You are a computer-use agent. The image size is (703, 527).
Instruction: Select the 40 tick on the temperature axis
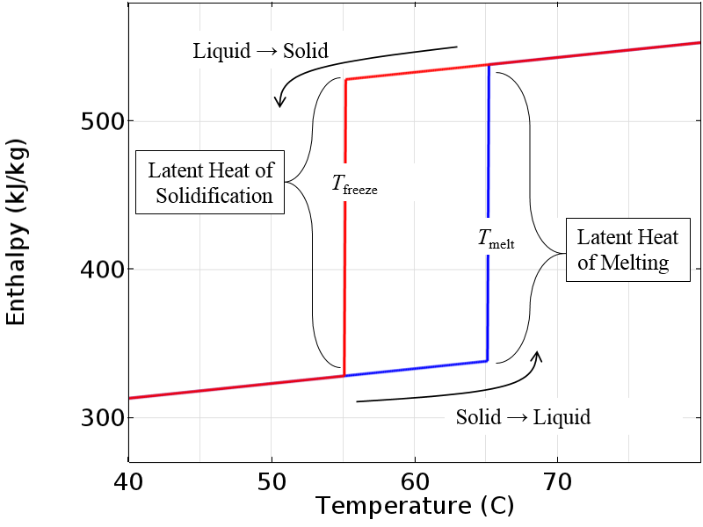129,481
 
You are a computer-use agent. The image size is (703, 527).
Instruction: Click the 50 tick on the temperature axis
272,481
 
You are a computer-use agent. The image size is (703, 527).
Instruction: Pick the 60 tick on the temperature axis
415,481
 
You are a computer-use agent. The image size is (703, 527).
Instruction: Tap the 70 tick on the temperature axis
557,481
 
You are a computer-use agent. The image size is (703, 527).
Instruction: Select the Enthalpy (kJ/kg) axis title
17,231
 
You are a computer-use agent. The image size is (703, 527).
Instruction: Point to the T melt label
496,239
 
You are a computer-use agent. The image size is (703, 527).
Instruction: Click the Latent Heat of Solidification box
210,182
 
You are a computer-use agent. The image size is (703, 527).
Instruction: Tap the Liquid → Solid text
260,51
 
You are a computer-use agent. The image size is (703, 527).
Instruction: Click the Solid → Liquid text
523,417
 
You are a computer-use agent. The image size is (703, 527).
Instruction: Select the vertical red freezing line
345,263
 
